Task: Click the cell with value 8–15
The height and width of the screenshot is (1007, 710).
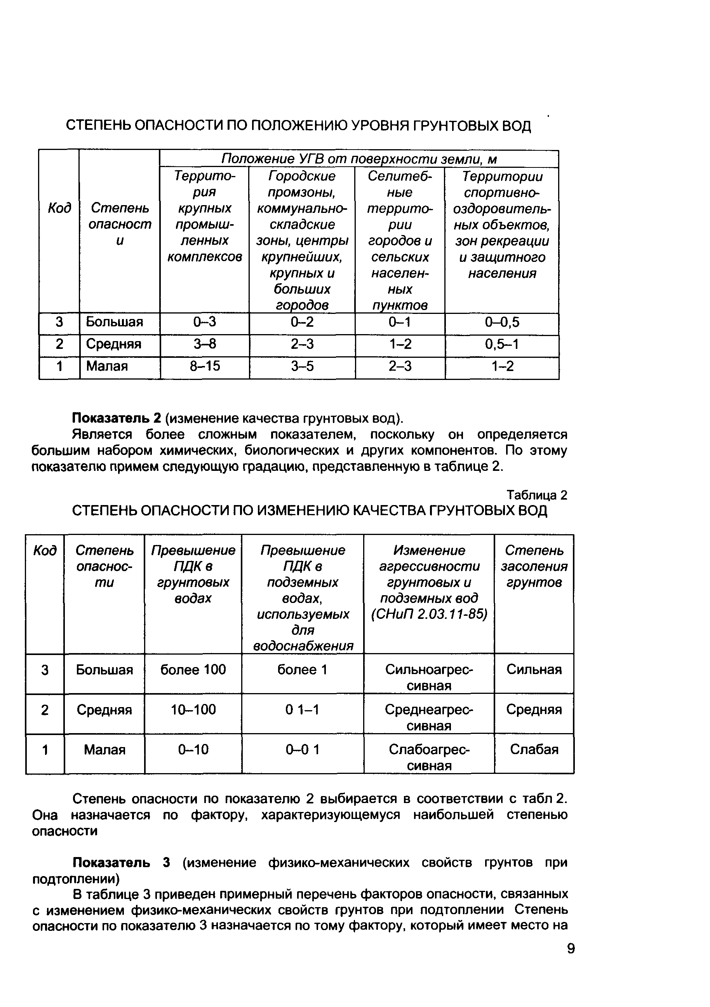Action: click(x=204, y=366)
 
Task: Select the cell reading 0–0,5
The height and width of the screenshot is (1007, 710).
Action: click(x=502, y=322)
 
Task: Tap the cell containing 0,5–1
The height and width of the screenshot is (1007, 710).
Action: click(x=502, y=344)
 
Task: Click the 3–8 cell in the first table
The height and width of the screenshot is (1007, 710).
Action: click(x=204, y=344)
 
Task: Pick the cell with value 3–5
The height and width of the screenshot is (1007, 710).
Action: click(x=302, y=366)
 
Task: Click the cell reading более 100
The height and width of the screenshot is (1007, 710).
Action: click(x=193, y=669)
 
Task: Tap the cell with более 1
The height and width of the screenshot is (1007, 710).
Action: click(x=302, y=669)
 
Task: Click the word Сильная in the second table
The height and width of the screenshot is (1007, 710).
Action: click(x=534, y=669)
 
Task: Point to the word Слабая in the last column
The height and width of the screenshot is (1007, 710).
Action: click(x=534, y=749)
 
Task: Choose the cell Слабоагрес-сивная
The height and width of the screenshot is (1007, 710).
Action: click(x=429, y=757)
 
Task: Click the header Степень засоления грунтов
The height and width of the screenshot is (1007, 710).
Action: click(x=534, y=566)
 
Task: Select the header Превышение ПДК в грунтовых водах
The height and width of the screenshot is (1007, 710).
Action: click(x=193, y=574)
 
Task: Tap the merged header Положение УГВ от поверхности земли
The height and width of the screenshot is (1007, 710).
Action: click(x=359, y=159)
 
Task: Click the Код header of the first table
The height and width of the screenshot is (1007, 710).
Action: click(x=59, y=208)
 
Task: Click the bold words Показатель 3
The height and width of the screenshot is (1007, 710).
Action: click(x=121, y=863)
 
